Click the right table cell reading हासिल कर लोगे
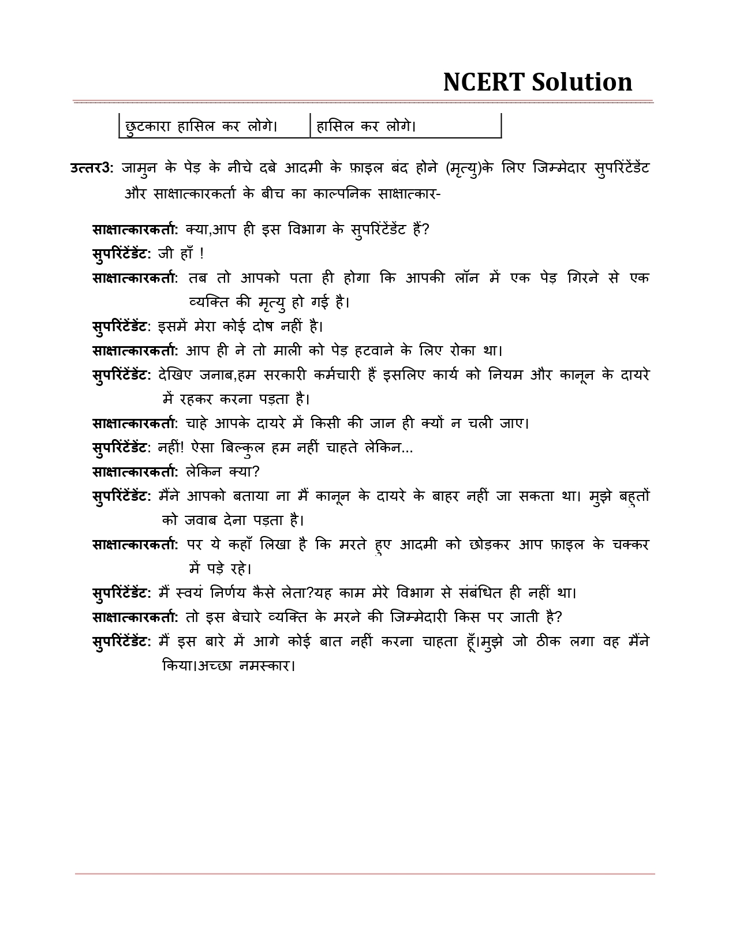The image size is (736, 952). [367, 126]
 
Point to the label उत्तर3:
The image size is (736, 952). [92, 168]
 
